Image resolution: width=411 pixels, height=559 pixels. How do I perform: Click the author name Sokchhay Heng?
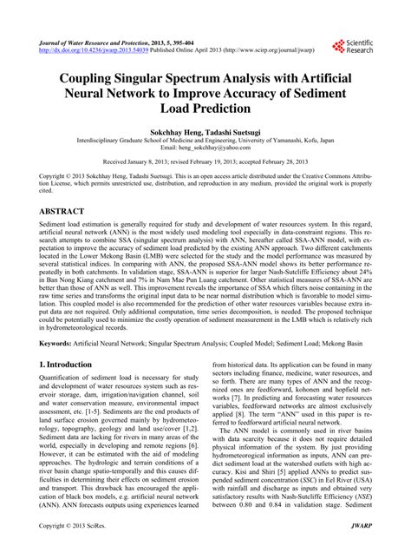[x=171, y=128]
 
